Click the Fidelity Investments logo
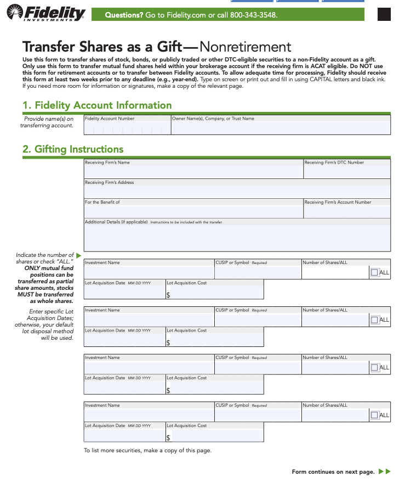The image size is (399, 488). point(45,13)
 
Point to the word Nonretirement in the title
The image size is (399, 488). point(246,47)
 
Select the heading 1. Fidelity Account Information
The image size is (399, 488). point(97,105)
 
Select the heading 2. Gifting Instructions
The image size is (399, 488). point(73,149)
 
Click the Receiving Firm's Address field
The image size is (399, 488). point(237,191)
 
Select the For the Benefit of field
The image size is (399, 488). point(193,211)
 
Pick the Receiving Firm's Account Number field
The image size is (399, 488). point(347,211)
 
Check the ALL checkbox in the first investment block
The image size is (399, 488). point(374,272)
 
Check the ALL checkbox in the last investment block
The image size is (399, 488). point(374,415)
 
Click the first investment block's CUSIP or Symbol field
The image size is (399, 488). point(258,272)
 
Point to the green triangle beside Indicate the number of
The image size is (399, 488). point(78,255)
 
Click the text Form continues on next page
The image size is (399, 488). point(333,472)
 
